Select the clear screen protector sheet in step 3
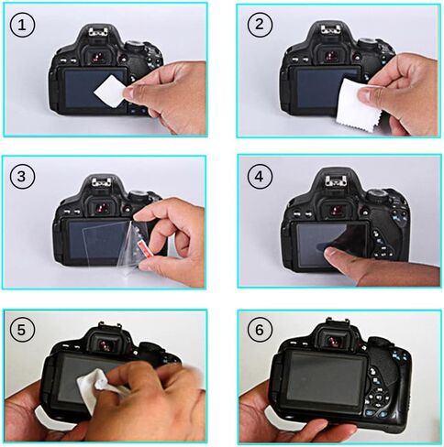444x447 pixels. pyautogui.click(x=105, y=235)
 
